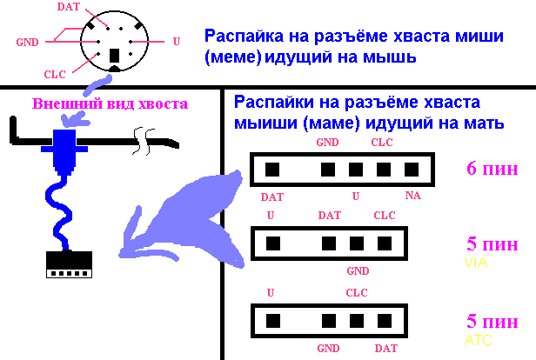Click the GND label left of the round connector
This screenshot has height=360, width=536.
tap(26, 41)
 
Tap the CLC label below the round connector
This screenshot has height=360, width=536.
tap(54, 75)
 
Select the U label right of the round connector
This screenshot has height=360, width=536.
tap(176, 41)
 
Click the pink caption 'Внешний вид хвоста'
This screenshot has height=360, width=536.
tap(110, 104)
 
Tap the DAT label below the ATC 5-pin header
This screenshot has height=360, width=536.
tap(386, 348)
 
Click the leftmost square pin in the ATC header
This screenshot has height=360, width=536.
tap(271, 319)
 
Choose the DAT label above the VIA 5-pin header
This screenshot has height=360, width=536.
tap(329, 215)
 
